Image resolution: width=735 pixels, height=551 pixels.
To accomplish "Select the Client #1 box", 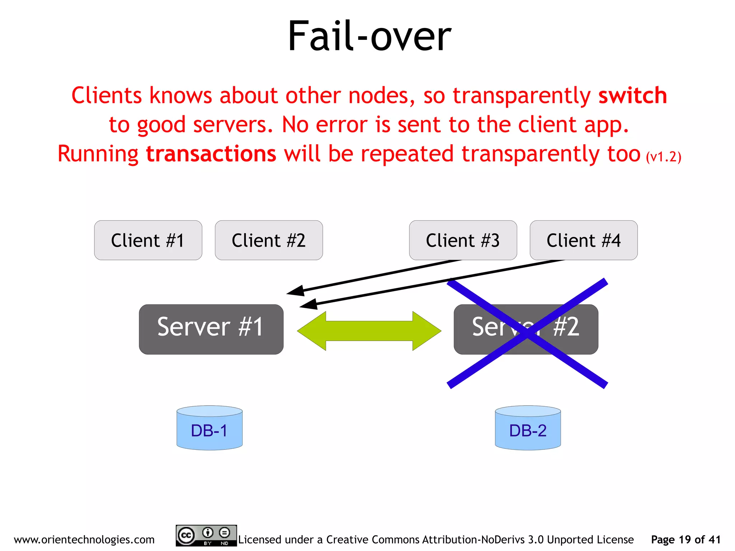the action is tap(148, 240).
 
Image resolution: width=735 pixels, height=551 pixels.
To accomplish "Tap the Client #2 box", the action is tap(268, 240).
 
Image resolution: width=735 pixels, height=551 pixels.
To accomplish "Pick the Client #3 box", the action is tap(463, 240).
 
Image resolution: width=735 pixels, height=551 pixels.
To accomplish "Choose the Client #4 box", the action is tap(584, 240).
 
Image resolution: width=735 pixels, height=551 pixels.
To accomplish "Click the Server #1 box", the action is tap(211, 329).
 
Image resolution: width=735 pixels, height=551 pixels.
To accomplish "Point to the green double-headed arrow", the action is tap(369, 331).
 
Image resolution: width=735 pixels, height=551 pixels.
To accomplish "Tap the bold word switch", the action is tap(632, 95).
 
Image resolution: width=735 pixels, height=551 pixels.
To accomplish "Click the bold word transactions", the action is tap(211, 154).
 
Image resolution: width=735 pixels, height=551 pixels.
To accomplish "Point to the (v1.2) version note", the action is tap(663, 157).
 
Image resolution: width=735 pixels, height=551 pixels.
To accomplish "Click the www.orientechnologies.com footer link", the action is tap(84, 539).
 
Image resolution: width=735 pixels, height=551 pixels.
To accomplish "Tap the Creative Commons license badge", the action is tap(206, 536).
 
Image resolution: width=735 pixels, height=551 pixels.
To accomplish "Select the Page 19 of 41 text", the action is tap(685, 539).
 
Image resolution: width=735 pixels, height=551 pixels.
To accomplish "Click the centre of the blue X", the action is tap(527, 333).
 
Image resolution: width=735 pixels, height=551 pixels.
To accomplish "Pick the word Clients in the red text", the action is tap(107, 95).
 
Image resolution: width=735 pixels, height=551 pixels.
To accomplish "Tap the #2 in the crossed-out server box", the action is tap(566, 327).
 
